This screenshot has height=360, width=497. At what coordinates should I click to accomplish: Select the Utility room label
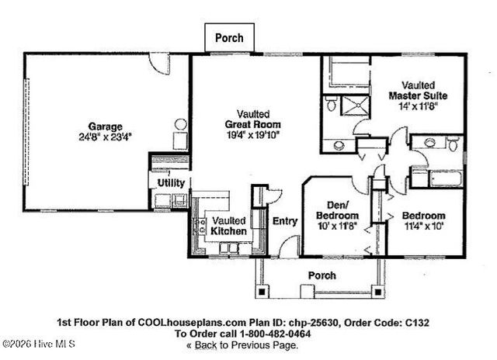point(170,182)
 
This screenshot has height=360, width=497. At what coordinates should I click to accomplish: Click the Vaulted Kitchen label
point(229,226)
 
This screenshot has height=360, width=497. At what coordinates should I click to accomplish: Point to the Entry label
point(285,221)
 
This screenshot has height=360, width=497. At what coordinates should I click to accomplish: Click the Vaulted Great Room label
point(253,119)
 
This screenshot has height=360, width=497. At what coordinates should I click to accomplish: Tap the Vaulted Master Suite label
point(418,90)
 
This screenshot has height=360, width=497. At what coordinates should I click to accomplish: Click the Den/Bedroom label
point(337,209)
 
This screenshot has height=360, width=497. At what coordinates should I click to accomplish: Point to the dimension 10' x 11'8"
point(337,227)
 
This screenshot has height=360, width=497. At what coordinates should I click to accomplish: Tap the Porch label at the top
point(229,37)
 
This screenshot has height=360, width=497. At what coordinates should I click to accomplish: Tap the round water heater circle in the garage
point(181,124)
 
